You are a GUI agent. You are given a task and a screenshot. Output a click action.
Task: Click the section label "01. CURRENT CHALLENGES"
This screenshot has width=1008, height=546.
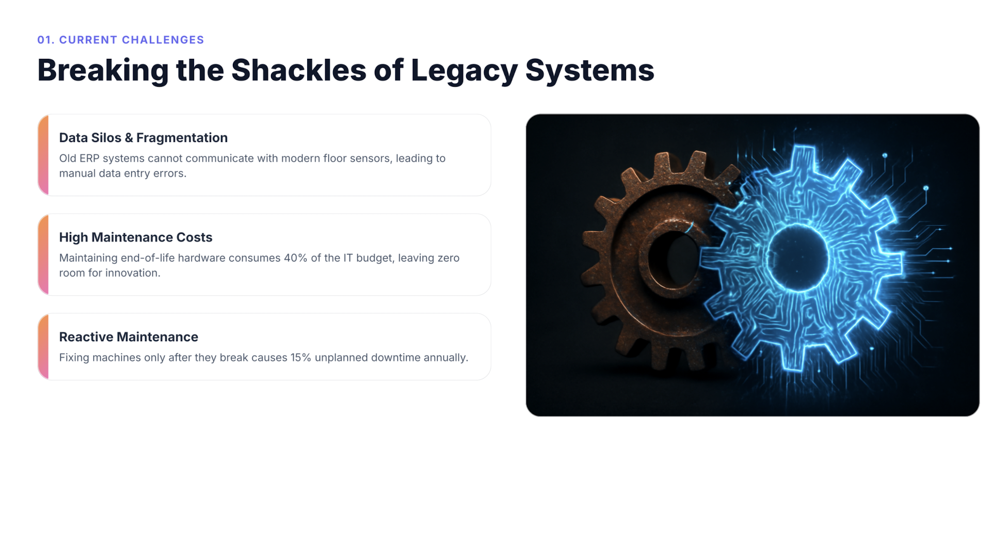pyautogui.click(x=121, y=40)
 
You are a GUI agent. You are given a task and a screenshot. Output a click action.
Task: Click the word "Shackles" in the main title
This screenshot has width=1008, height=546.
pyautogui.click(x=298, y=70)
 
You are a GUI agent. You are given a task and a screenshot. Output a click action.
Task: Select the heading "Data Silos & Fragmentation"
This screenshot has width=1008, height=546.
pyautogui.click(x=143, y=138)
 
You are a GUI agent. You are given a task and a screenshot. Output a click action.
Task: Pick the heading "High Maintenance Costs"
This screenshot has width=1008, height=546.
pyautogui.click(x=136, y=237)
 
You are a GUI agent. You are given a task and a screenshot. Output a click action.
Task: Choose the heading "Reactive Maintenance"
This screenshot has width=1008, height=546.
pyautogui.click(x=129, y=337)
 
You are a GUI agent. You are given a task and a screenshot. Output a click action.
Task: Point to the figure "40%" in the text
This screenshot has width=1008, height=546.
pyautogui.click(x=295, y=258)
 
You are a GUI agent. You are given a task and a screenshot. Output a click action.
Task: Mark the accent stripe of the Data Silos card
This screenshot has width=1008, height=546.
pyautogui.click(x=43, y=155)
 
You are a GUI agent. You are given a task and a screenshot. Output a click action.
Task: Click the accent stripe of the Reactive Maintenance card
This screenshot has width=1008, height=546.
pyautogui.click(x=43, y=347)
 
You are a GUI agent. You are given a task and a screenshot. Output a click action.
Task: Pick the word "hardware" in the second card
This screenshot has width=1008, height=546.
pyautogui.click(x=202, y=258)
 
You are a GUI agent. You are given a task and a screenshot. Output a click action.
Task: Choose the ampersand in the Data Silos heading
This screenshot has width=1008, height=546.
pyautogui.click(x=129, y=138)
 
